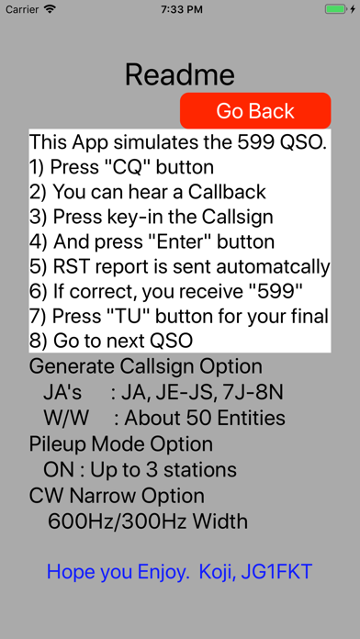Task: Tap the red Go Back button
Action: pyautogui.click(x=255, y=110)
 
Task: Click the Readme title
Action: pyautogui.click(x=180, y=74)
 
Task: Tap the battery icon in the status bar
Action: pyautogui.click(x=335, y=9)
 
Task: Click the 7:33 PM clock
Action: pyautogui.click(x=182, y=9)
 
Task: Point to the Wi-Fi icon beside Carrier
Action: pyautogui.click(x=50, y=9)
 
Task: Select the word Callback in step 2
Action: pyautogui.click(x=227, y=192)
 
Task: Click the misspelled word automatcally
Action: pyautogui.click(x=273, y=267)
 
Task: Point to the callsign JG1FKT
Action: pyautogui.click(x=276, y=571)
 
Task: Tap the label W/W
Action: pyautogui.click(x=66, y=418)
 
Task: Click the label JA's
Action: pyautogui.click(x=62, y=393)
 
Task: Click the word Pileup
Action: pyautogui.click(x=58, y=443)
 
